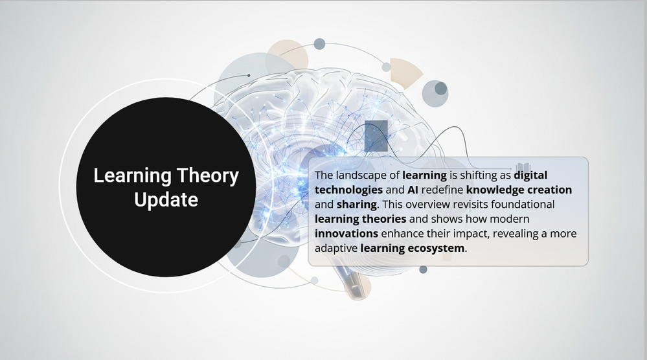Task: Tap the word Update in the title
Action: coord(166,199)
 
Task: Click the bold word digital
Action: coord(530,175)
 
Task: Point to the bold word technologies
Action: coord(348,190)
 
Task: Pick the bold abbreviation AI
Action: coord(413,190)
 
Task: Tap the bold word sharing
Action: coord(356,205)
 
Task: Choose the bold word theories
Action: coord(384,219)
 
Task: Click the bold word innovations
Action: coord(346,234)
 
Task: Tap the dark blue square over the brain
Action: coord(376,136)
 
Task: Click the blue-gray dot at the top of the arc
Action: coord(319,44)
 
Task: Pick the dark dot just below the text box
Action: coord(423,270)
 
